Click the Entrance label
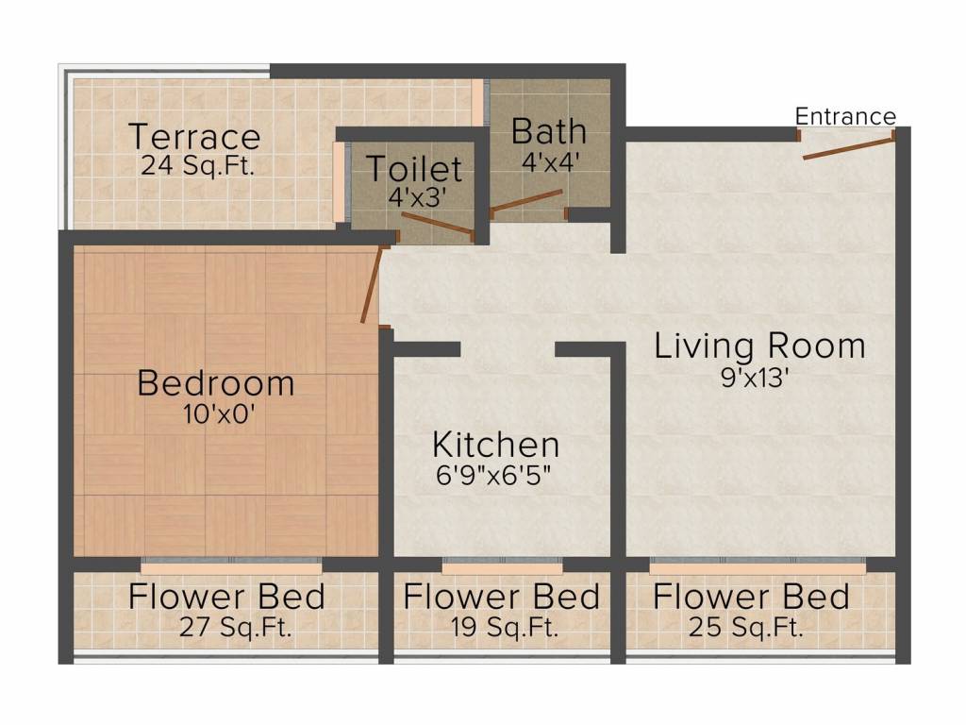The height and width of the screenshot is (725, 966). tap(845, 116)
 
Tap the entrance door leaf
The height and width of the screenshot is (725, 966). tap(848, 148)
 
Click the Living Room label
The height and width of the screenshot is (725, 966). tap(759, 346)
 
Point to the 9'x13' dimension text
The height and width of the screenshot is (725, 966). tap(756, 378)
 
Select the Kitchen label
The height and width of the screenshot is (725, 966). tap(496, 445)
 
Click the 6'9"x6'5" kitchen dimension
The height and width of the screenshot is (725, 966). tap(493, 476)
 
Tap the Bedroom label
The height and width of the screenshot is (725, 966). tap(216, 383)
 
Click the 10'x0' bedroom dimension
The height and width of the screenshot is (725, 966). tap(219, 414)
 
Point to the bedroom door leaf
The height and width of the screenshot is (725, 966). tap(372, 285)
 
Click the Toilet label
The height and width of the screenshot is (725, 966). tap(414, 169)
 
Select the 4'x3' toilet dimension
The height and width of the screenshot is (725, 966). tap(417, 197)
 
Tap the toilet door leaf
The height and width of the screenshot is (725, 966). tap(438, 224)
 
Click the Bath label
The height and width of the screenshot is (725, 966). tap(549, 131)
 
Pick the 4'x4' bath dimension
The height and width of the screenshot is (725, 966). tap(551, 162)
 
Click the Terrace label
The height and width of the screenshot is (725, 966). tap(194, 137)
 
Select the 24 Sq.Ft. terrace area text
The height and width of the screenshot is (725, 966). tap(198, 166)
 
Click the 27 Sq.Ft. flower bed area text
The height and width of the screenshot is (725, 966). tap(235, 628)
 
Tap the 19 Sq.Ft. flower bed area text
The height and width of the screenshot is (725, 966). tap(505, 628)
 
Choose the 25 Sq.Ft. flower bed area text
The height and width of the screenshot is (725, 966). tap(746, 628)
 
